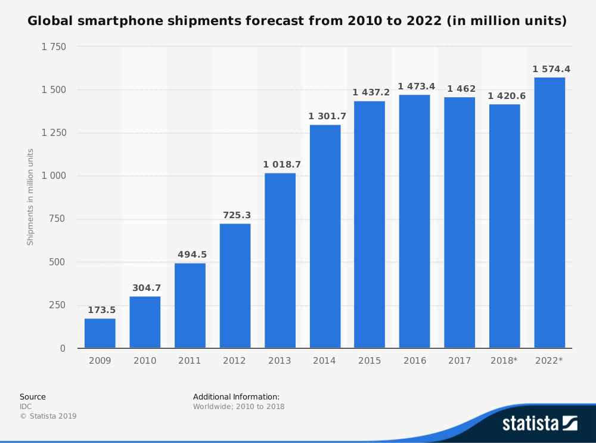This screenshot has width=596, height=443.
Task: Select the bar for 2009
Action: click(100, 333)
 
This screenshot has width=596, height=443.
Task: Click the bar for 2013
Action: click(280, 261)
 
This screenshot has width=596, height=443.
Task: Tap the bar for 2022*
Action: click(550, 213)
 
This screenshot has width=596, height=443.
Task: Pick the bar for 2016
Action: click(415, 221)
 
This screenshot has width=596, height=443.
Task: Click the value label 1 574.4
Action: click(551, 69)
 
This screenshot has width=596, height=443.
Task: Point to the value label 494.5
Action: click(193, 255)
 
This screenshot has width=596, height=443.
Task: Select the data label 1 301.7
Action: click(327, 116)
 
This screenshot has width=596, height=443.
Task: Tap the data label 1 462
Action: click(461, 89)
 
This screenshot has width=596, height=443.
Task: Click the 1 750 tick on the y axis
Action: click(54, 47)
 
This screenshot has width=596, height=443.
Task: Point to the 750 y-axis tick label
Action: click(57, 219)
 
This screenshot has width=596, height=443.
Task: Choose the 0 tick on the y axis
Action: click(63, 348)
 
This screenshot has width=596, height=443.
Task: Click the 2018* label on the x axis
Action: click(504, 361)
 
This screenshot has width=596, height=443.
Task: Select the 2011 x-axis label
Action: click(190, 361)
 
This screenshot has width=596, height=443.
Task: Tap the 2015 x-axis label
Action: click(370, 361)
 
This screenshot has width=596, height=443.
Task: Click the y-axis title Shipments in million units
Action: click(30, 197)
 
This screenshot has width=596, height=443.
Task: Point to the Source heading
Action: click(33, 396)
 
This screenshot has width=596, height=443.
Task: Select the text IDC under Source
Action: click(26, 407)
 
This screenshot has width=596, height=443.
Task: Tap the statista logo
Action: click(540, 423)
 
